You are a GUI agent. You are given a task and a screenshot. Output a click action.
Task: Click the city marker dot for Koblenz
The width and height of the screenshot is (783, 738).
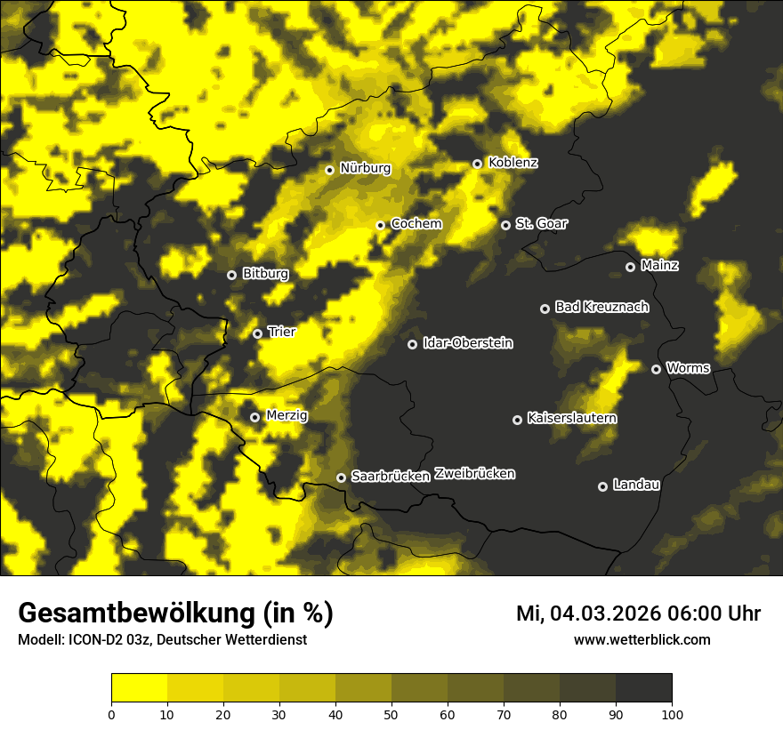tap(477, 164)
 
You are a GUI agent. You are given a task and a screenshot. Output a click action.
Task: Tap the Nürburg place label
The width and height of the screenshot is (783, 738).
tap(365, 169)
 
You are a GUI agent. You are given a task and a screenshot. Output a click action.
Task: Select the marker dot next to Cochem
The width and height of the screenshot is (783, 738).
tap(380, 225)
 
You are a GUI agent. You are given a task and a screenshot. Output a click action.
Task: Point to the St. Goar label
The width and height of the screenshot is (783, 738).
tap(541, 224)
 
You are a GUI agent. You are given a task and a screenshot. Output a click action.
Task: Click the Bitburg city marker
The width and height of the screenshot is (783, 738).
tap(231, 275)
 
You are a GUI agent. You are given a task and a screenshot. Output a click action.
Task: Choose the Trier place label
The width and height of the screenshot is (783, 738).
tap(281, 333)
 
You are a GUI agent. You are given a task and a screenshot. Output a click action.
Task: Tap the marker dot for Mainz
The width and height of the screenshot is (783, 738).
tap(630, 267)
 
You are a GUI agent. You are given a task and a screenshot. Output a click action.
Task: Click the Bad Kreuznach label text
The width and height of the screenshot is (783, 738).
tap(601, 308)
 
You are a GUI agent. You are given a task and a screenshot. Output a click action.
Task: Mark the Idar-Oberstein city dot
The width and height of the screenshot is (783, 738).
tap(412, 344)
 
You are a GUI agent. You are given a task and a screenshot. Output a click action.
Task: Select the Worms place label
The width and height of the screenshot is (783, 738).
tap(688, 368)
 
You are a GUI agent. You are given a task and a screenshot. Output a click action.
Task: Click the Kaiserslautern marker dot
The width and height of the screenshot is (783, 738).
tap(517, 420)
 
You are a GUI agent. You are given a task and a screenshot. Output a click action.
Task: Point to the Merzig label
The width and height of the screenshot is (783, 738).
tap(287, 416)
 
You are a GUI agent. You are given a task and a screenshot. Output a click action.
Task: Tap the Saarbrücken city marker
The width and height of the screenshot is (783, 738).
tap(341, 477)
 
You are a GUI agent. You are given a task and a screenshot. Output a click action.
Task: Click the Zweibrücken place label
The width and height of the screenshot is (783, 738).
tap(474, 474)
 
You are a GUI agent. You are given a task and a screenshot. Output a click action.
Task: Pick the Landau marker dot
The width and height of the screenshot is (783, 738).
tap(602, 486)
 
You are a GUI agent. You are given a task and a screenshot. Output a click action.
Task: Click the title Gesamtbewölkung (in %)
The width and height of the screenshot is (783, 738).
tap(175, 614)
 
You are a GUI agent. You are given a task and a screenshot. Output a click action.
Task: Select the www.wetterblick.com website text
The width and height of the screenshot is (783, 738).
tap(642, 639)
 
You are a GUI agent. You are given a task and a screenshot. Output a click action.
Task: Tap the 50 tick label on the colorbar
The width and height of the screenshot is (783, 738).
tap(391, 713)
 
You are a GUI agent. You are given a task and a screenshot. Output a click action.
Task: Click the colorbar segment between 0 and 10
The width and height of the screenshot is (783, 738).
tap(139, 687)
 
